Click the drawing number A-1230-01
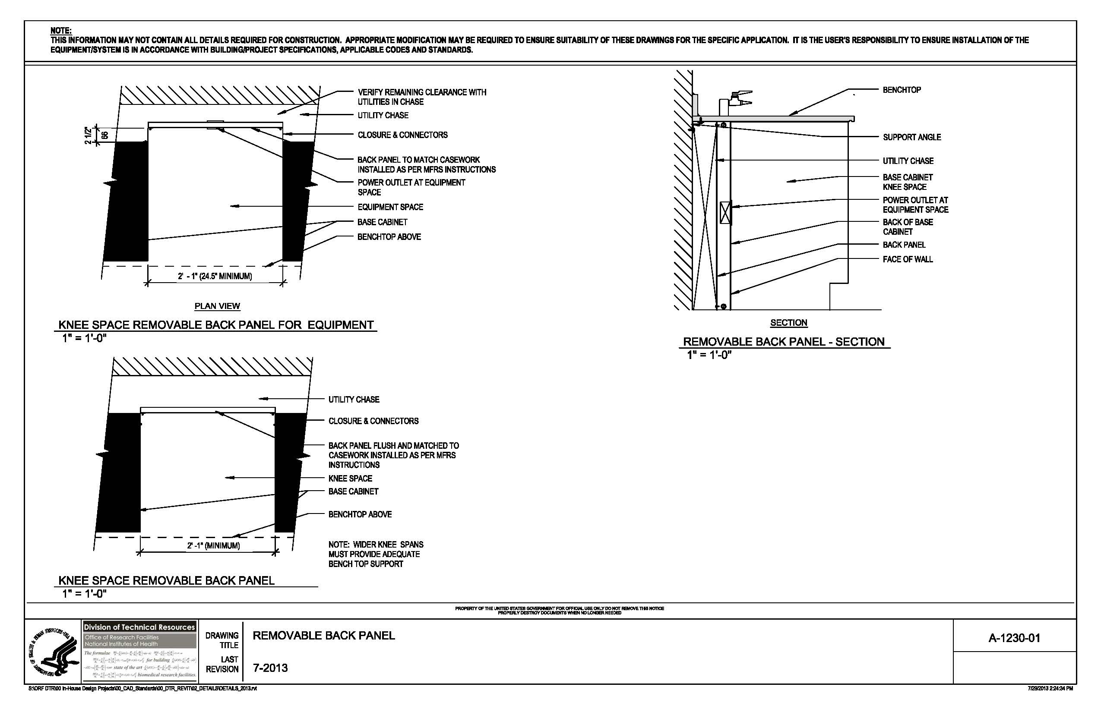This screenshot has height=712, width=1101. pyautogui.click(x=1014, y=638)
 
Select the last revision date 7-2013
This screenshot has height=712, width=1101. pyautogui.click(x=270, y=668)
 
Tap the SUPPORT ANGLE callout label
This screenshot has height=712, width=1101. pyautogui.click(x=911, y=137)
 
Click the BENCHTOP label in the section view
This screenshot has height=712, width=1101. pyautogui.click(x=901, y=90)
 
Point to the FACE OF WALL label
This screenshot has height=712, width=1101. pyautogui.click(x=907, y=259)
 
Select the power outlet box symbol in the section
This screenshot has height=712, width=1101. pyautogui.click(x=725, y=213)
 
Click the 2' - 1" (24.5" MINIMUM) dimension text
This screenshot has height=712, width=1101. pyautogui.click(x=215, y=277)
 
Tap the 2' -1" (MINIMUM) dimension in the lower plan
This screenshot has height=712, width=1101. pyautogui.click(x=213, y=545)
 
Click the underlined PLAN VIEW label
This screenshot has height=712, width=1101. pyautogui.click(x=217, y=306)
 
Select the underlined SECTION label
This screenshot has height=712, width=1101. pyautogui.click(x=788, y=323)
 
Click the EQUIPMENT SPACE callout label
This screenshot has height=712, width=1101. pyautogui.click(x=390, y=207)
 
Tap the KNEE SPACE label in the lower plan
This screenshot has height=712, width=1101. pyautogui.click(x=350, y=479)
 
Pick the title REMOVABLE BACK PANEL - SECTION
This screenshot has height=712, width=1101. pyautogui.click(x=783, y=342)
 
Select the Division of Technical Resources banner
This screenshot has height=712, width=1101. pyautogui.click(x=139, y=627)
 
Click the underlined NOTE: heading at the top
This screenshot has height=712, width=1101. pyautogui.click(x=60, y=31)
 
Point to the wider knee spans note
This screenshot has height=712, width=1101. pyautogui.click(x=375, y=554)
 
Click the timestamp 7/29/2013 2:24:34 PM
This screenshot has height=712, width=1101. pyautogui.click(x=1050, y=688)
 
